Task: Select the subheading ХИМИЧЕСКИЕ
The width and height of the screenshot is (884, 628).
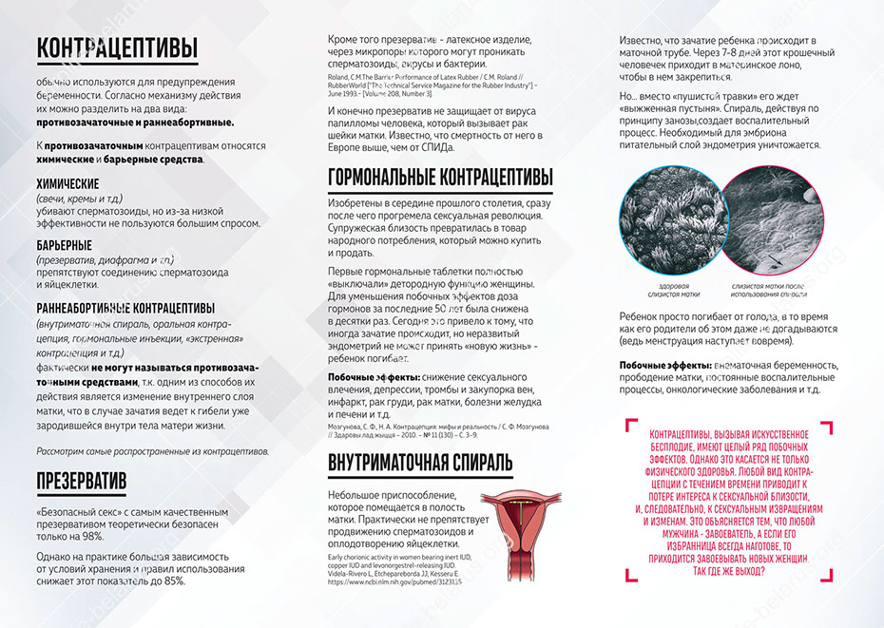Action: click(x=67, y=183)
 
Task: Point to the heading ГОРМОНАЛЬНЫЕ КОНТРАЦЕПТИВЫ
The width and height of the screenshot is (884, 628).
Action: click(x=439, y=179)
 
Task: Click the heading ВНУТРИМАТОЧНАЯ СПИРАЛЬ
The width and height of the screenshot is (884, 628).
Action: click(x=420, y=463)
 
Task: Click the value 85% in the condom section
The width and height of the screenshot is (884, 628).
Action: click(x=174, y=580)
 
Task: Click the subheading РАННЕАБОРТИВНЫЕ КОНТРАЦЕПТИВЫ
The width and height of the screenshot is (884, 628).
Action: click(x=125, y=308)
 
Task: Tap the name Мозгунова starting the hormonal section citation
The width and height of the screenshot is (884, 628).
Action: click(x=347, y=427)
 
